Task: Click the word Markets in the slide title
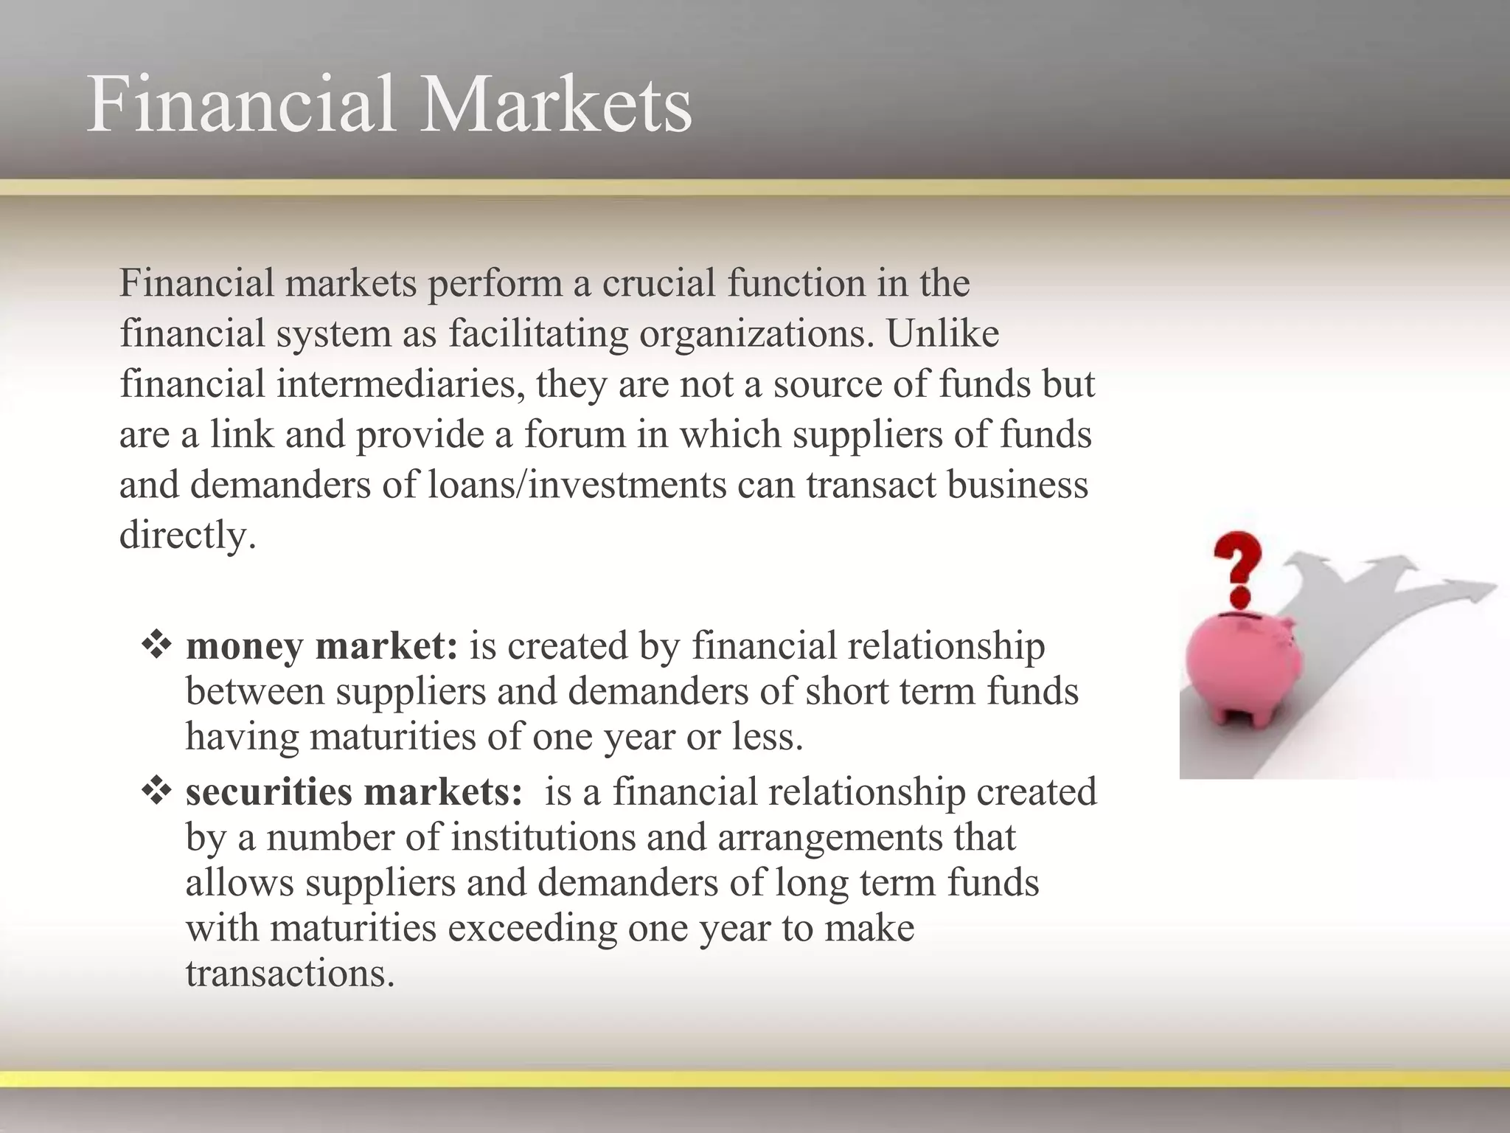pos(557,105)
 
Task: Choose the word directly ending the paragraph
pos(187,536)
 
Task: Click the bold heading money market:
pos(321,646)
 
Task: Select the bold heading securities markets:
pos(354,792)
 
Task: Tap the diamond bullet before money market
pos(156,645)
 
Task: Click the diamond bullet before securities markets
pos(156,791)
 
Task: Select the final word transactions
pos(290,974)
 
